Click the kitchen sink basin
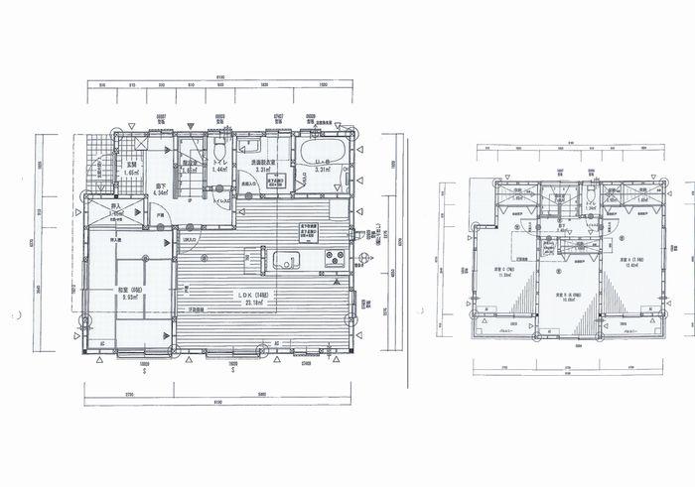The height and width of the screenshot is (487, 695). (287, 262)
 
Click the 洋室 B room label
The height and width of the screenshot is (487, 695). (567, 295)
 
